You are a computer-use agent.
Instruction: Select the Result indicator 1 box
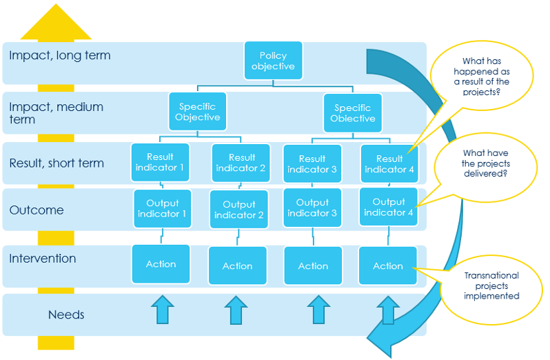click(x=161, y=163)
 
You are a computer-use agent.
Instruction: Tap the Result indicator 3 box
click(x=312, y=164)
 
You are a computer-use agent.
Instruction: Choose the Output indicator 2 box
click(x=238, y=210)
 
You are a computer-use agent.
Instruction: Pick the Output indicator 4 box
click(x=389, y=208)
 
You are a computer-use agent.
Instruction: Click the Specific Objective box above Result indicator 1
click(x=197, y=112)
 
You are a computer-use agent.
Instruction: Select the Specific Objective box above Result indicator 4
click(x=352, y=113)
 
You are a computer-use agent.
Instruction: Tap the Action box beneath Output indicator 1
click(x=161, y=264)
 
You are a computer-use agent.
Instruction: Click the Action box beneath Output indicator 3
click(x=313, y=266)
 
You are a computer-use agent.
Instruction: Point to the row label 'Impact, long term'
click(x=59, y=56)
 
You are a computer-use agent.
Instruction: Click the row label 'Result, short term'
click(x=57, y=163)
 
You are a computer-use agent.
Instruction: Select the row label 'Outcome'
click(x=36, y=210)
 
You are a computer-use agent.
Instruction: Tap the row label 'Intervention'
click(x=43, y=259)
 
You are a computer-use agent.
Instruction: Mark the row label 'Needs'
click(x=66, y=314)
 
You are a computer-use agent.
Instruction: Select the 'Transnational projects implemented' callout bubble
click(x=491, y=286)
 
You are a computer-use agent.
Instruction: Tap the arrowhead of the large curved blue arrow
click(x=383, y=331)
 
